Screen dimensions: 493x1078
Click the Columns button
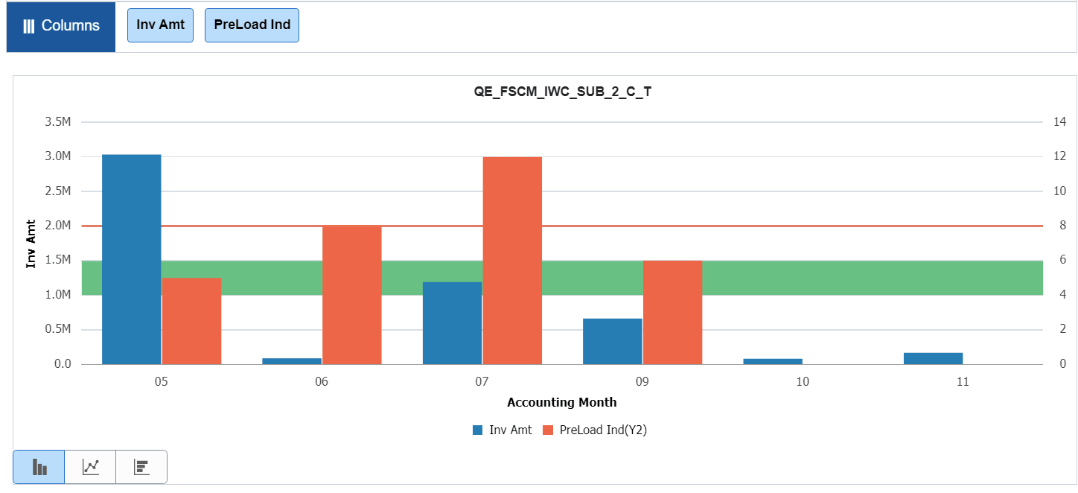coord(61,26)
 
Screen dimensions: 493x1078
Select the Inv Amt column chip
coord(160,25)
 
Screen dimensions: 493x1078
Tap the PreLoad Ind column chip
coord(252,25)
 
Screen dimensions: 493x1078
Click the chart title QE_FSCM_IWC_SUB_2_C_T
coord(562,92)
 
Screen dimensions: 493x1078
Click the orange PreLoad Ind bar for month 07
coord(512,261)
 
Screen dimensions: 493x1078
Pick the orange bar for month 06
coord(352,295)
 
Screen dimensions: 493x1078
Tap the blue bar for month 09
coord(613,342)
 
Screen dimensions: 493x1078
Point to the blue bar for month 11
coord(933,358)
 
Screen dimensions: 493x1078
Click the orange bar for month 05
coord(191,321)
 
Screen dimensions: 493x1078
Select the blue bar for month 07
coord(452,323)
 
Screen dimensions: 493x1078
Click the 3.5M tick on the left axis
coord(58,122)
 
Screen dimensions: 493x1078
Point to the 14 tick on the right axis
coord(1060,122)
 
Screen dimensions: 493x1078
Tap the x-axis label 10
coord(803,382)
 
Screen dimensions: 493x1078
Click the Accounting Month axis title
coord(562,402)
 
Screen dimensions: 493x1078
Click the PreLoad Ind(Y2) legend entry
coord(595,430)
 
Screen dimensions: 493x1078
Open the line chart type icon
coord(90,467)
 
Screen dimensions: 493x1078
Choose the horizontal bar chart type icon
coord(141,467)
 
